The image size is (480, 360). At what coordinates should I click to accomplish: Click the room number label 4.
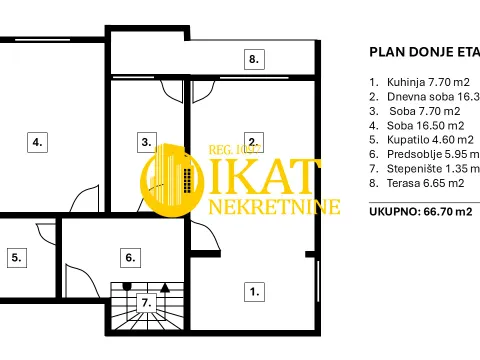click(x=37, y=142)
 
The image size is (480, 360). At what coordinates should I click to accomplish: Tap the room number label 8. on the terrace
click(x=254, y=59)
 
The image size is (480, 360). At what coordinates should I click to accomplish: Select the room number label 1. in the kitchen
click(x=254, y=292)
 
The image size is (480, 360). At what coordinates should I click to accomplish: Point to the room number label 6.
click(x=129, y=257)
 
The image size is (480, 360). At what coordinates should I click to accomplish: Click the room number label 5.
click(x=16, y=257)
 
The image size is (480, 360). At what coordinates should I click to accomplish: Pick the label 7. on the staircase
click(x=146, y=301)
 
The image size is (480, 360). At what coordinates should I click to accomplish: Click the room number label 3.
click(x=147, y=142)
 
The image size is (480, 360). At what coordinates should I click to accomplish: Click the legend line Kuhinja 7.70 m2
click(x=419, y=82)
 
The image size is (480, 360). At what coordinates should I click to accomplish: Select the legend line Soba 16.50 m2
click(x=419, y=125)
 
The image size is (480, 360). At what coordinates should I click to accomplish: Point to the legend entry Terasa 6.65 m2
click(x=419, y=183)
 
